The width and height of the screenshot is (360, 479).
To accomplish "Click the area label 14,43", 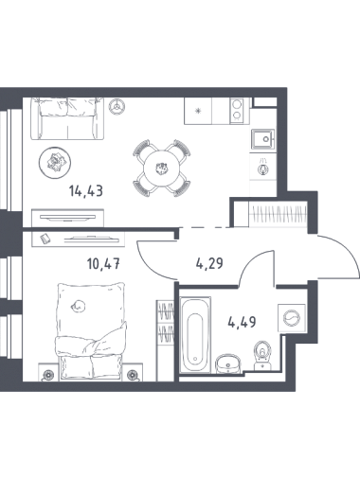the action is pyautogui.click(x=86, y=191).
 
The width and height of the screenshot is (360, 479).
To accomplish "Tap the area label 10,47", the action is pyautogui.click(x=103, y=263).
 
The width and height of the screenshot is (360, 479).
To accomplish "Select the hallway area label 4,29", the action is pyautogui.click(x=209, y=263).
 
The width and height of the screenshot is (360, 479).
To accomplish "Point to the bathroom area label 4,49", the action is pyautogui.click(x=242, y=322).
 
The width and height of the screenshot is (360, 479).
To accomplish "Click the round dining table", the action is pyautogui.click(x=162, y=169).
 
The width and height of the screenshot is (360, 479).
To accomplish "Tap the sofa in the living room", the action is pyautogui.click(x=67, y=118).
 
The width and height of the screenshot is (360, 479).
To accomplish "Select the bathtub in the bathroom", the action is pyautogui.click(x=195, y=335).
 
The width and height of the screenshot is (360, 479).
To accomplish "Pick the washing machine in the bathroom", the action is pyautogui.click(x=291, y=318).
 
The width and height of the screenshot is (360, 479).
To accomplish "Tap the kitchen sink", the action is pyautogui.click(x=262, y=139).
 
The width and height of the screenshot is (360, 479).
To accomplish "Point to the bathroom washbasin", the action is pyautogui.click(x=227, y=364).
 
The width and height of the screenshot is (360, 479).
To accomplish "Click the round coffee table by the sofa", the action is pyautogui.click(x=55, y=163).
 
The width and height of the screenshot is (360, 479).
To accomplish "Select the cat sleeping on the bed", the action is pyautogui.click(x=79, y=306).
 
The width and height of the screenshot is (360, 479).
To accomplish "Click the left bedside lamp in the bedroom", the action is pyautogui.click(x=48, y=376).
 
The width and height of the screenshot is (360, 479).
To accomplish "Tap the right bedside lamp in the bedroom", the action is pyautogui.click(x=132, y=376).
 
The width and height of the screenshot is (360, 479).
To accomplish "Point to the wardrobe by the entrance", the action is pyautogui.click(x=278, y=214).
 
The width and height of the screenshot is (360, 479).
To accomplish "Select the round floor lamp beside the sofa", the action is pyautogui.click(x=117, y=106).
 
